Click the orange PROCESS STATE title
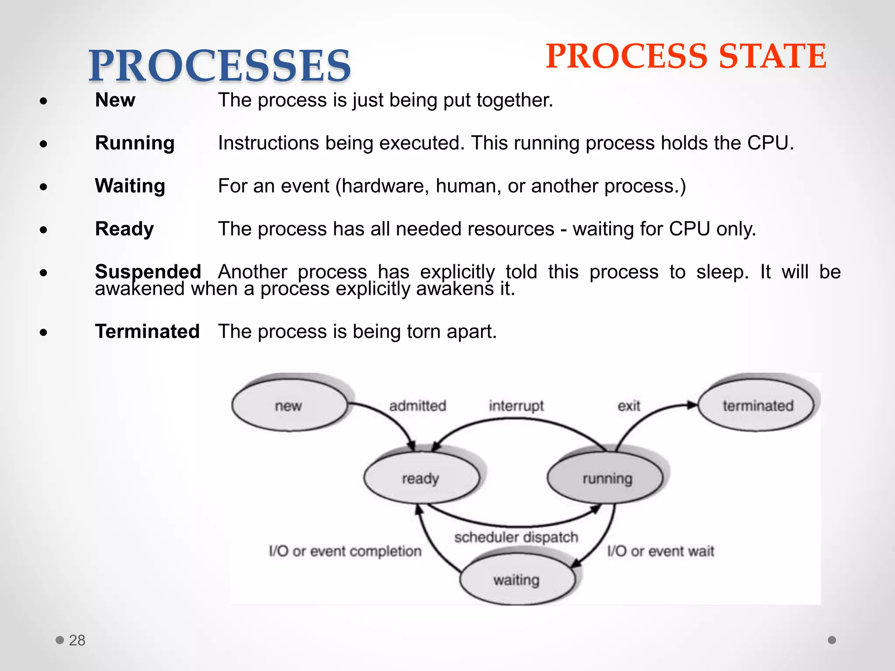686,57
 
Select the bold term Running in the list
135,143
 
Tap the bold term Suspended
148,272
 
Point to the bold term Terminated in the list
147,332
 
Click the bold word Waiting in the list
130,186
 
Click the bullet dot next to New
43,101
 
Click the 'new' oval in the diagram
289,405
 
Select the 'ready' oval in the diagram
421,478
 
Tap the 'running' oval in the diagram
607,478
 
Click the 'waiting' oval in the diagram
517,580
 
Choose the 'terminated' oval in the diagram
757,405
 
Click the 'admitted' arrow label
417,406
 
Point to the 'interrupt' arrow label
516,406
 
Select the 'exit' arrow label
628,406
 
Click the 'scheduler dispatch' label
516,537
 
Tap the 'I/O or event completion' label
345,551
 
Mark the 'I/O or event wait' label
660,551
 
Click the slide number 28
77,640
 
